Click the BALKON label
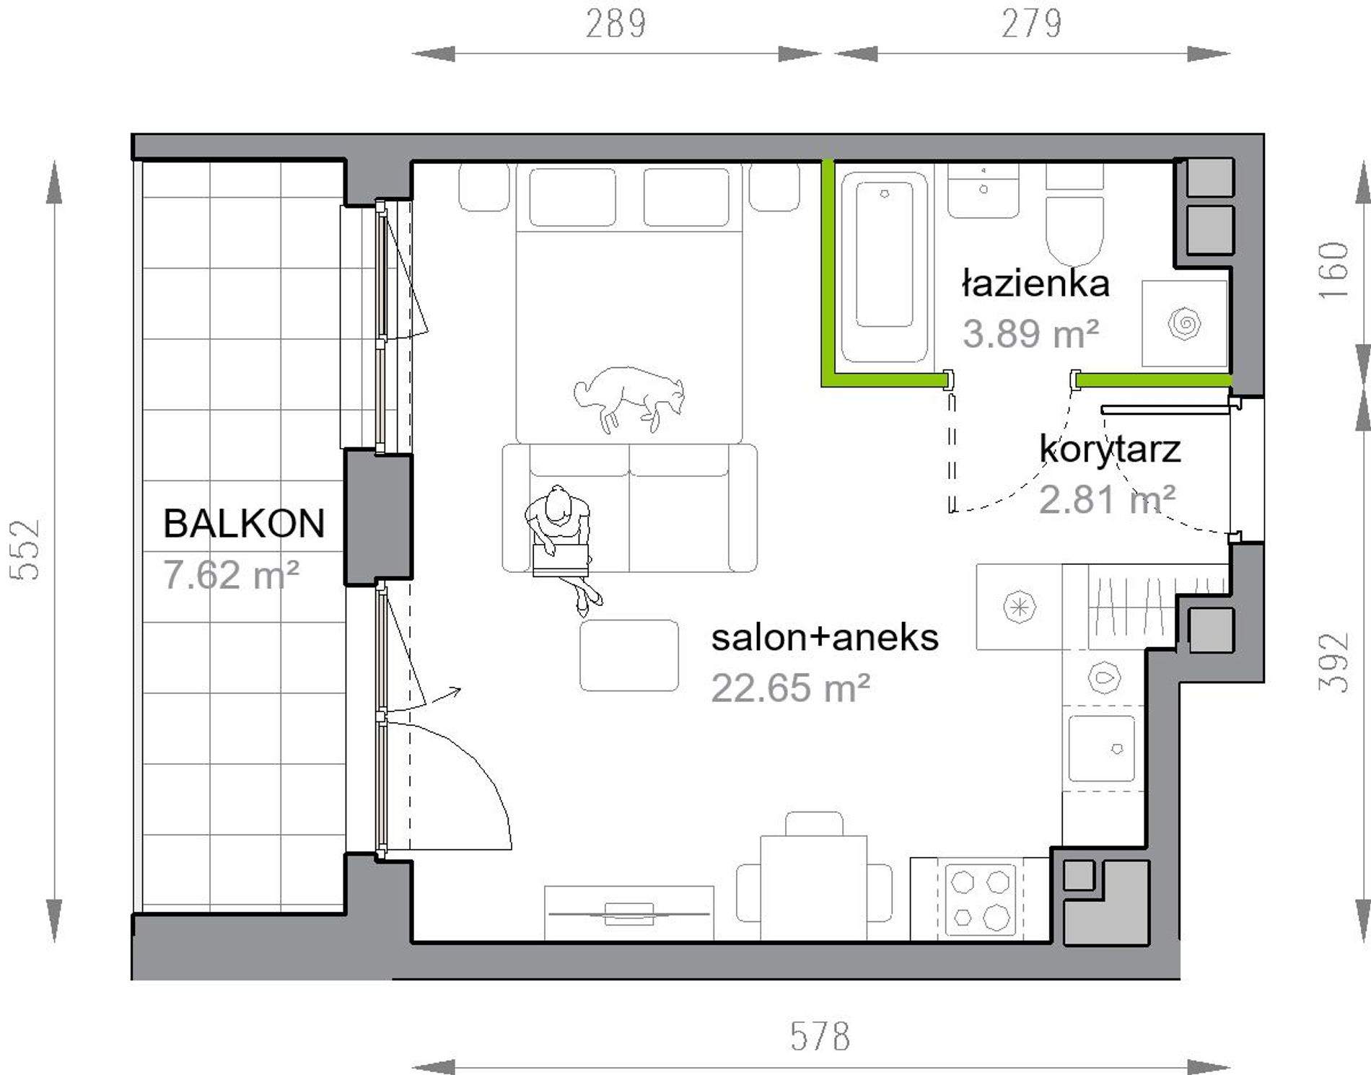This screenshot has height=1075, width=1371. pos(244,523)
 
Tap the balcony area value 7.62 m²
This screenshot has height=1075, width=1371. pos(231,575)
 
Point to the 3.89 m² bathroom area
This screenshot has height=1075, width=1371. pos(1030,333)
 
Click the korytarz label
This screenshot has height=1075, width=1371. pos(1110,449)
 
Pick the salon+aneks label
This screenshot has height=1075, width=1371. pos(825,638)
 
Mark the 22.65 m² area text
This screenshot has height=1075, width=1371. pos(790,688)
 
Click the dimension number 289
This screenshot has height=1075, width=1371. pos(616,24)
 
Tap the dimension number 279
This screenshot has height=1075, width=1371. pos(1031,24)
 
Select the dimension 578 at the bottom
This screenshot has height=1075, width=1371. pos(820,1037)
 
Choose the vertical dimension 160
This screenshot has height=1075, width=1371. pos(1333,271)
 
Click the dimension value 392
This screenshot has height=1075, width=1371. pos(1333,662)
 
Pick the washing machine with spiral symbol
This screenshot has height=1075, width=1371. pos(1185,323)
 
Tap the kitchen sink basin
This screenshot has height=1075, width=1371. pos(1101,748)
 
